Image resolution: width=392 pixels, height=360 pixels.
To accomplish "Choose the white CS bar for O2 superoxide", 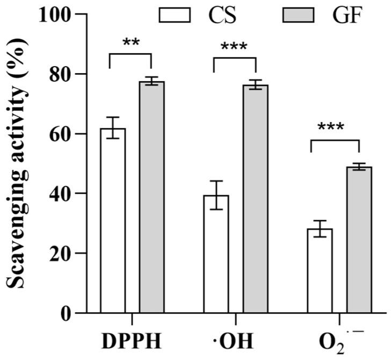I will coord(320,271).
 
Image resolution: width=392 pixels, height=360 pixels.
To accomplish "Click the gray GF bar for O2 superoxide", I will coord(359,240).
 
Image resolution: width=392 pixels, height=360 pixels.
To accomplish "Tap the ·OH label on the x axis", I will coord(234,342).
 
